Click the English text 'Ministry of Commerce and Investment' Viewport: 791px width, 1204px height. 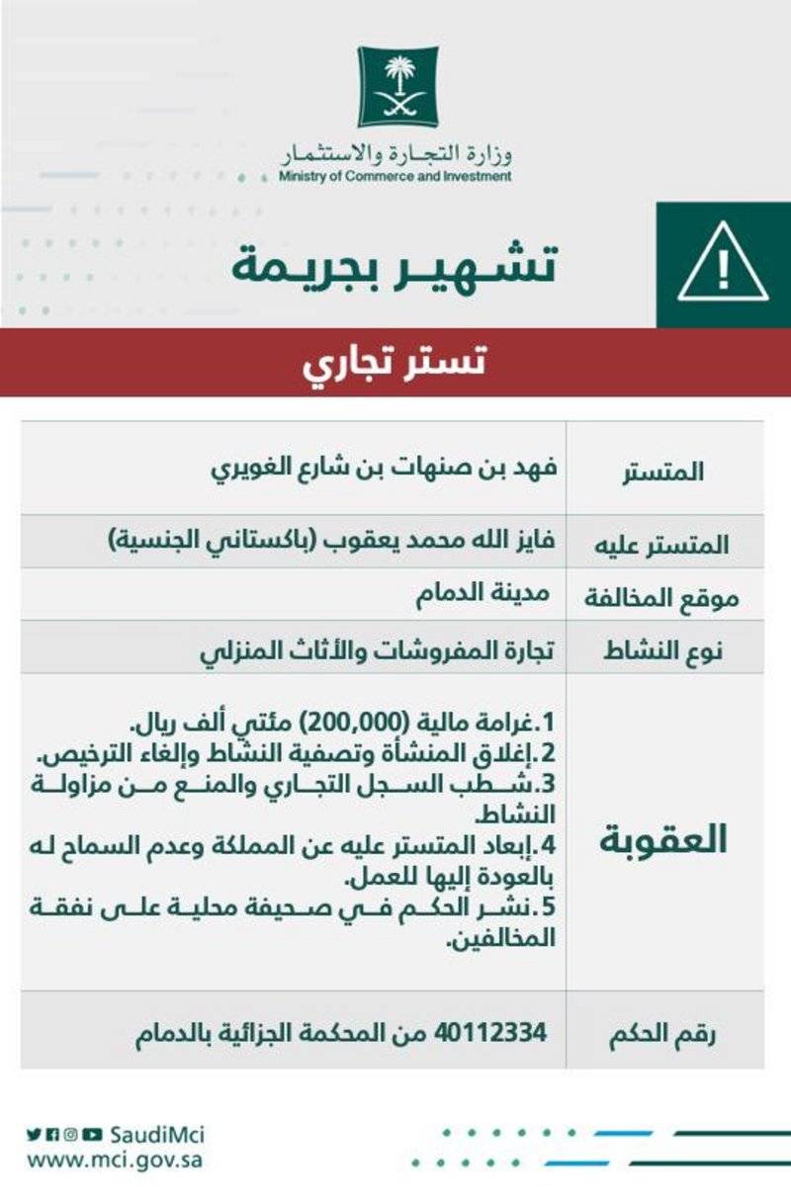[x=395, y=177]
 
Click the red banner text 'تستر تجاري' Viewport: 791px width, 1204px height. [x=395, y=363]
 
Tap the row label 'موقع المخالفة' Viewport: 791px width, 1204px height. [x=665, y=597]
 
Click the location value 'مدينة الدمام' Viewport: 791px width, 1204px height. [x=483, y=594]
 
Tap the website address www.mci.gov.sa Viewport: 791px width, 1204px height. [x=115, y=1159]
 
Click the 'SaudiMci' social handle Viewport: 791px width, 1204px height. [x=157, y=1134]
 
